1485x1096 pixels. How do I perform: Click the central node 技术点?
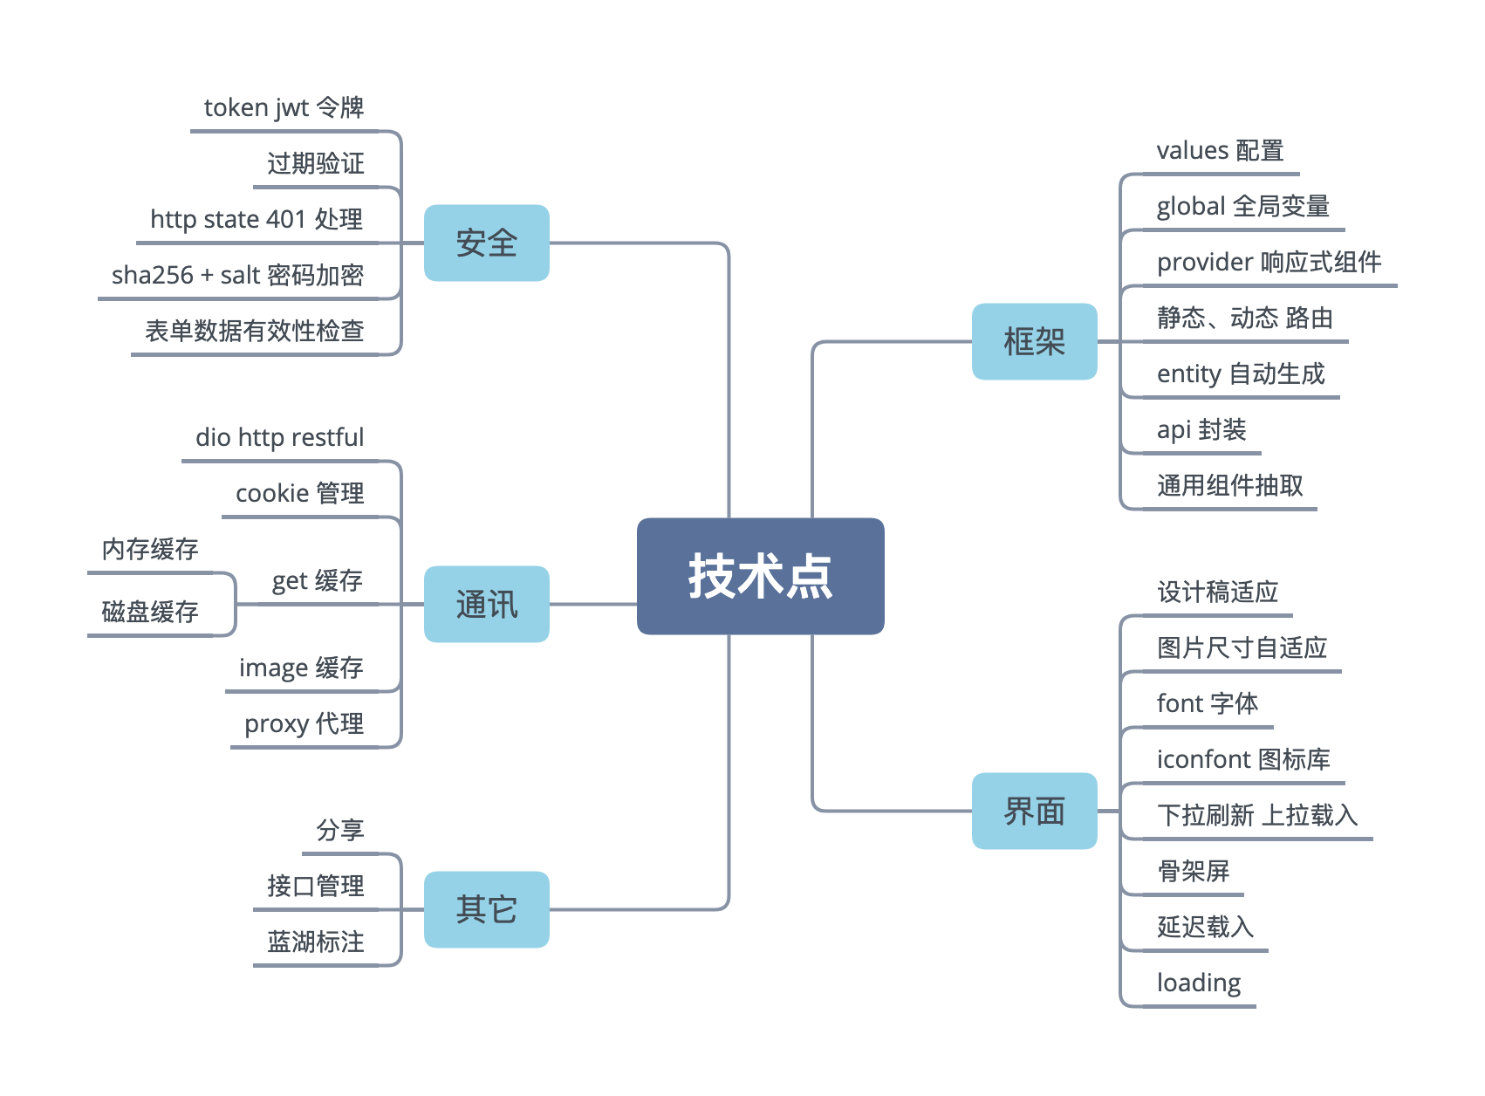point(760,576)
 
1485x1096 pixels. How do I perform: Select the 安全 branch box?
point(486,243)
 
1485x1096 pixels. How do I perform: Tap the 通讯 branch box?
point(486,604)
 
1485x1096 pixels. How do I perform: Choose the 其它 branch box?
point(486,909)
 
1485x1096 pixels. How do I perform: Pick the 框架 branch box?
point(1034,341)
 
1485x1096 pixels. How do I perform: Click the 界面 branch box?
point(1034,811)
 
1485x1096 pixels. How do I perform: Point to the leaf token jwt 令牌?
point(284,107)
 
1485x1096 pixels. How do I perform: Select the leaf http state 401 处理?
point(257,219)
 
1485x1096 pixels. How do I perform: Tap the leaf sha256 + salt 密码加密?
point(237,275)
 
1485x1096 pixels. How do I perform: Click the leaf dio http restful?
point(279,437)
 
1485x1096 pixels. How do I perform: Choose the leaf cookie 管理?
point(299,493)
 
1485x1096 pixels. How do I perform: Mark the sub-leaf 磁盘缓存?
point(149,612)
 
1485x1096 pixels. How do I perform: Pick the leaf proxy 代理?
point(304,723)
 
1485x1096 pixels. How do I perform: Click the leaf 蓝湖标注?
point(315,942)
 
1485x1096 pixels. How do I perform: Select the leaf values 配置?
point(1219,151)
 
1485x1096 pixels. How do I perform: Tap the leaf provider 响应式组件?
point(1269,262)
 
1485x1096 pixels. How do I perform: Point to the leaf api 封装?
point(1201,429)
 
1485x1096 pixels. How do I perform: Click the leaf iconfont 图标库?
point(1242,759)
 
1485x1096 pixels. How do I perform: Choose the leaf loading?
point(1198,983)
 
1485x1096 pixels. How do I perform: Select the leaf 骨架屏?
point(1193,871)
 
